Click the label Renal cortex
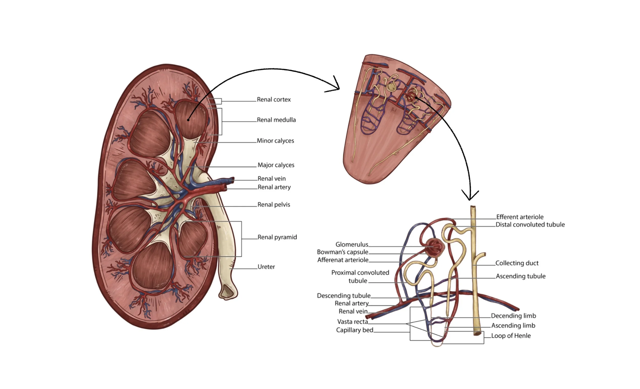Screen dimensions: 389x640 pyautogui.click(x=273, y=100)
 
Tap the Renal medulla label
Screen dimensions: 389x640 pyautogui.click(x=276, y=120)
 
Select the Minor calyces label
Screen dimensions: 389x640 pyautogui.click(x=275, y=141)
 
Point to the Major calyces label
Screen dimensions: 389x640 pyautogui.click(x=276, y=165)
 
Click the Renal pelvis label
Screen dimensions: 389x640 pyautogui.click(x=273, y=205)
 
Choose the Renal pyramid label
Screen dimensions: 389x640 pyautogui.click(x=277, y=237)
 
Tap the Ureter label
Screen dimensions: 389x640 pyautogui.click(x=266, y=267)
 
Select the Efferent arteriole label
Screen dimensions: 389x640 pyautogui.click(x=519, y=217)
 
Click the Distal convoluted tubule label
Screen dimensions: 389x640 pyautogui.click(x=530, y=225)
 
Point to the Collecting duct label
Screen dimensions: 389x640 pyautogui.click(x=517, y=263)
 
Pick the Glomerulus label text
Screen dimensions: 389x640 pyautogui.click(x=352, y=244)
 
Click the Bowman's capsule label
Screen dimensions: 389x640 pyautogui.click(x=342, y=252)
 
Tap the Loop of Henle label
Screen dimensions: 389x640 pyautogui.click(x=511, y=336)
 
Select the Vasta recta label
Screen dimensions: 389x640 pyautogui.click(x=353, y=322)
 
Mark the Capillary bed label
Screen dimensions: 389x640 pyautogui.click(x=354, y=330)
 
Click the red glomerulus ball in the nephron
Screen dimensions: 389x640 pyautogui.click(x=434, y=248)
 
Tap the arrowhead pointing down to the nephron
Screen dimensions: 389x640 pyautogui.click(x=470, y=196)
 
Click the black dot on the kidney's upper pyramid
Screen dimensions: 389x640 pyautogui.click(x=188, y=120)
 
